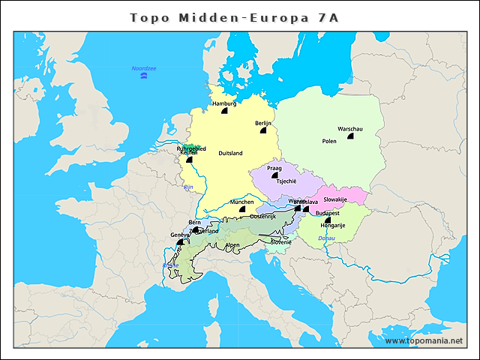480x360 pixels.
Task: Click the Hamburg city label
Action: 224,103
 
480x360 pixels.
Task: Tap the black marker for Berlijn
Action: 262,130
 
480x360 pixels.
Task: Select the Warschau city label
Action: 350,128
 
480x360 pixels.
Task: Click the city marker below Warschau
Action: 350,136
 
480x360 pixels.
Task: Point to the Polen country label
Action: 329,140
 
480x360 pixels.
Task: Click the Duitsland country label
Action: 230,153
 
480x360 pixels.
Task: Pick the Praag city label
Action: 274,169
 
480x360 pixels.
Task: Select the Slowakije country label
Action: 334,199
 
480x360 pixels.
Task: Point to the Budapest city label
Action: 328,213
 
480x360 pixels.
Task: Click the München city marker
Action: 242,209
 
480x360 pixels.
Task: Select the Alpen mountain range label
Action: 232,244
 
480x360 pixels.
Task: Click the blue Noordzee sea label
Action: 143,68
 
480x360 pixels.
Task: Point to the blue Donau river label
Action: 326,238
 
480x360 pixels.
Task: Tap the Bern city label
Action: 195,223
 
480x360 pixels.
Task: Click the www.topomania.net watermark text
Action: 424,340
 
